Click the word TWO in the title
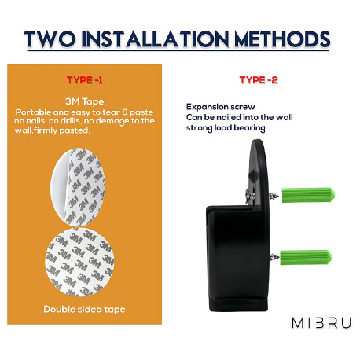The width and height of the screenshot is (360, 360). point(50,39)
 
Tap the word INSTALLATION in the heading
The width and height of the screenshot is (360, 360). point(156,39)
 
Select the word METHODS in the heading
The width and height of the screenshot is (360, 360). point(282,39)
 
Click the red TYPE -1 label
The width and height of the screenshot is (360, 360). point(84,80)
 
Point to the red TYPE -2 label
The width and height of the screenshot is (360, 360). point(259,80)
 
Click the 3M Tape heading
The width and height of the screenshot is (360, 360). point(84,101)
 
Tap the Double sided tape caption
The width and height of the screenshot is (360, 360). point(84,309)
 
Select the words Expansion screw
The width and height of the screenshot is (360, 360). point(221,107)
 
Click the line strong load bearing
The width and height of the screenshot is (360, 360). point(226,128)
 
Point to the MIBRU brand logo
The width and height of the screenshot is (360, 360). point(321,322)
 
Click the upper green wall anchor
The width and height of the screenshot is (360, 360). point(308,195)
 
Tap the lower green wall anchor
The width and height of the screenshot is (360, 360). point(306,257)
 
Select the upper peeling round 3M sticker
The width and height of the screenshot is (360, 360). point(78,187)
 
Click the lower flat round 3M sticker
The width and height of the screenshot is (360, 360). point(79,263)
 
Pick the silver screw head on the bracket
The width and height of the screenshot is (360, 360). point(250,196)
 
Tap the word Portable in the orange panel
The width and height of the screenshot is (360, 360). point(33,112)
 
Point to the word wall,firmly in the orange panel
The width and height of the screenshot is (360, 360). point(36,130)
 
